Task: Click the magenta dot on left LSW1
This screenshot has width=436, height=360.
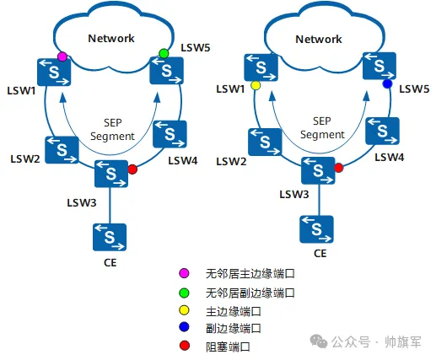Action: (62, 56)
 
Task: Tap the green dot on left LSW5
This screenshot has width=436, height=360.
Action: (164, 54)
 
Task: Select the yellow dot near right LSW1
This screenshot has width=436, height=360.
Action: (256, 86)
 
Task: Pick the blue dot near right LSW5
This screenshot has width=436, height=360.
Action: (387, 84)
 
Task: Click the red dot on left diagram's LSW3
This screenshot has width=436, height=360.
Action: (132, 169)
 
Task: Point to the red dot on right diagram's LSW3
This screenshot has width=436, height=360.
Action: (338, 168)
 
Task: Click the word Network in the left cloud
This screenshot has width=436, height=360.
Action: (112, 37)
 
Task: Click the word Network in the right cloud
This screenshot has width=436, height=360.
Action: (319, 39)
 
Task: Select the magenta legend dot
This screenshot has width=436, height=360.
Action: (183, 274)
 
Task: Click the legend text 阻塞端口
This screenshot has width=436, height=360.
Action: (228, 347)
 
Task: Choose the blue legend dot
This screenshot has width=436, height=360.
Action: (183, 328)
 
